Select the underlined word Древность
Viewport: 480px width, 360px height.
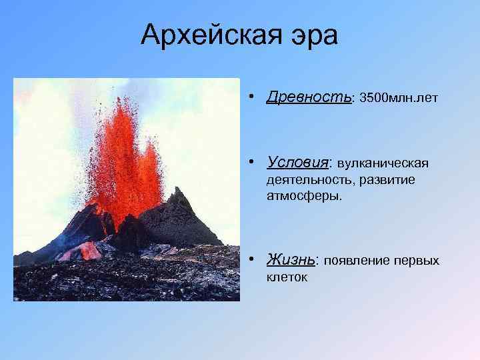click(x=309, y=97)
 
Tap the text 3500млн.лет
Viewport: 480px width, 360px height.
click(x=399, y=99)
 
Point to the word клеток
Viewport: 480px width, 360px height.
click(x=287, y=276)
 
